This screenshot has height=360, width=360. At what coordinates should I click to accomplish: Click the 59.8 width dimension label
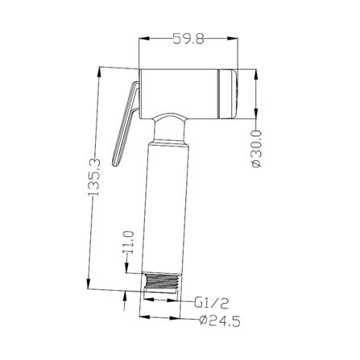[188, 39]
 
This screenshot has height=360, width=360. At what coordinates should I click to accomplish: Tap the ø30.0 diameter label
[256, 148]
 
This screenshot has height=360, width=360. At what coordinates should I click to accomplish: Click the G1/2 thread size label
[211, 304]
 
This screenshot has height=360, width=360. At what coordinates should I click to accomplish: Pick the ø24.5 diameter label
[220, 321]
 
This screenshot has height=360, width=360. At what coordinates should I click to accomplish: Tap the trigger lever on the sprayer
[126, 124]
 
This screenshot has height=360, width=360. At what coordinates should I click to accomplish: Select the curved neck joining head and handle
[170, 130]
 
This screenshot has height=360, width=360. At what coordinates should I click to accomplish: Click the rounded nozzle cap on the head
[227, 93]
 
